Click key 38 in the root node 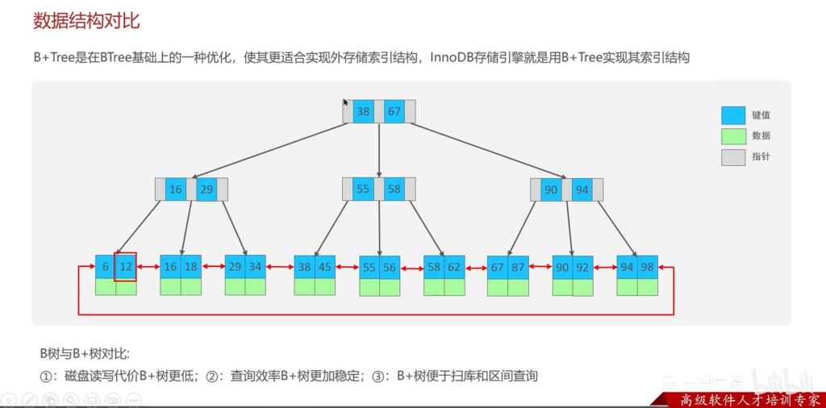point(363,112)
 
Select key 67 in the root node point(394,112)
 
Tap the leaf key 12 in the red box point(126,267)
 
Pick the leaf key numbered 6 point(106,267)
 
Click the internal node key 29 point(207,189)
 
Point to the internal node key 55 point(363,189)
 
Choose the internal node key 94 point(582,189)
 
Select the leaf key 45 point(325,267)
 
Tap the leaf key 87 point(519,267)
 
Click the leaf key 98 point(648,267)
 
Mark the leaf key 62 point(454,267)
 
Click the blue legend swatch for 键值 point(733,115)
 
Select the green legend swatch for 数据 point(733,136)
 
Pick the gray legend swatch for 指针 point(733,157)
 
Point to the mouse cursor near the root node point(345,102)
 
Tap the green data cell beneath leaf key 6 point(106,287)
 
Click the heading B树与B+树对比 point(85,353)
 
